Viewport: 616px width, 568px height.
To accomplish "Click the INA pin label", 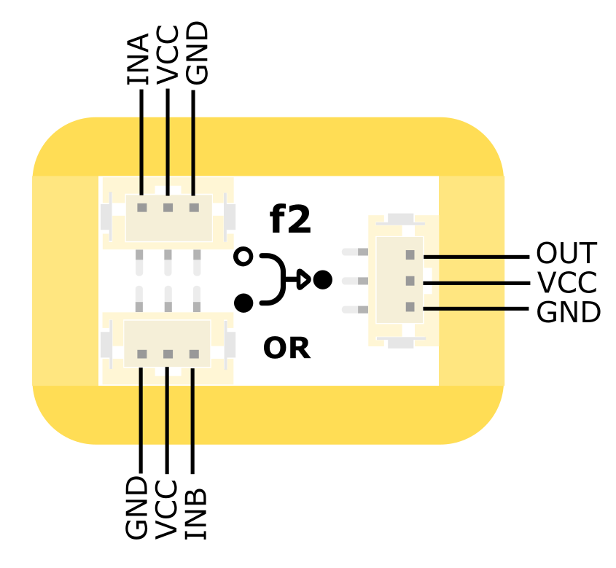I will [138, 59].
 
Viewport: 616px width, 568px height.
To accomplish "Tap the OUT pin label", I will [566, 254].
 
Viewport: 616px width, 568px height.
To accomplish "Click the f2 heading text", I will [290, 219].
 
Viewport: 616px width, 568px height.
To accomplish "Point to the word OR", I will [286, 349].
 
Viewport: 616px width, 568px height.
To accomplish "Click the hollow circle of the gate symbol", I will [244, 257].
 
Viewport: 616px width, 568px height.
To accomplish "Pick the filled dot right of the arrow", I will [323, 279].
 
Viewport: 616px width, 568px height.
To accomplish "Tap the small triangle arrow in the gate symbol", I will [302, 279].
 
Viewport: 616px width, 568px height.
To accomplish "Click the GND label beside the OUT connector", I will [568, 313].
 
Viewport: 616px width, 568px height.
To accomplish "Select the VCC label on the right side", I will [566, 283].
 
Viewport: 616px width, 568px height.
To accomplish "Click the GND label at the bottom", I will [137, 508].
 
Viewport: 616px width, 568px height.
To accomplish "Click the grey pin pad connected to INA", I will [142, 208].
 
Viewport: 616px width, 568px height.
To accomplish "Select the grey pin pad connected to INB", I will [194, 354].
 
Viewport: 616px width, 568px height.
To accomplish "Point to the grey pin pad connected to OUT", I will [410, 255].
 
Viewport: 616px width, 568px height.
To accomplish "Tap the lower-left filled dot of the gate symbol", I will [244, 302].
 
